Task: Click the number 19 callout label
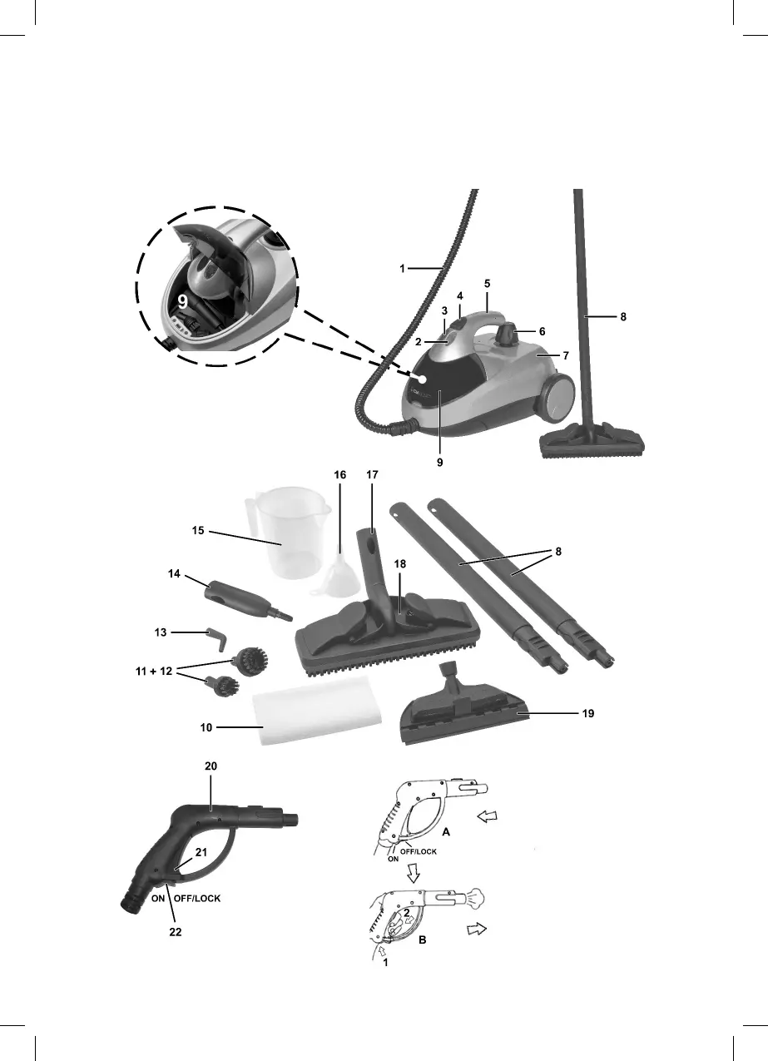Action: point(589,714)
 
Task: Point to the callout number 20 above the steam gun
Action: point(211,765)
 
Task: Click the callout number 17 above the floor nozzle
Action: point(371,473)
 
